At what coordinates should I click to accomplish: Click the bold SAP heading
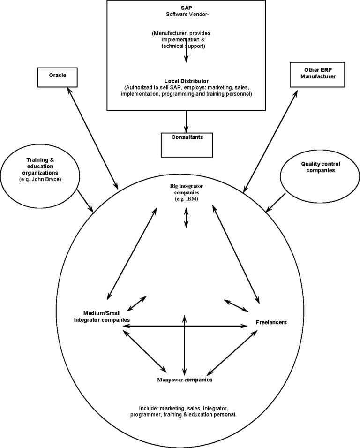187,8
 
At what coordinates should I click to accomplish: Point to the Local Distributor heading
187,81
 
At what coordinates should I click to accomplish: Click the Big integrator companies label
187,189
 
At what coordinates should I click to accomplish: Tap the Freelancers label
271,322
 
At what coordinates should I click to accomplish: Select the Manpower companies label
185,380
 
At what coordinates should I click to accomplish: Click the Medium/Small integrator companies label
102,317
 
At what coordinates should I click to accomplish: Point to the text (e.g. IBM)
187,199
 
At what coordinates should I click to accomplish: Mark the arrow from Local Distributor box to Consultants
186,121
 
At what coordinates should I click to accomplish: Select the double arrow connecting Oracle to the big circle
92,138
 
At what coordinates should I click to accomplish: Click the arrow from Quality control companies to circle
276,203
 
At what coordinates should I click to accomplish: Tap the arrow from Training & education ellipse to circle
85,201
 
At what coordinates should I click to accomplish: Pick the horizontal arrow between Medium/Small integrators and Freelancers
185,326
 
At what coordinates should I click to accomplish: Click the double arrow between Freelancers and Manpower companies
232,353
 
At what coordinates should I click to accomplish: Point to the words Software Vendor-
187,14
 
